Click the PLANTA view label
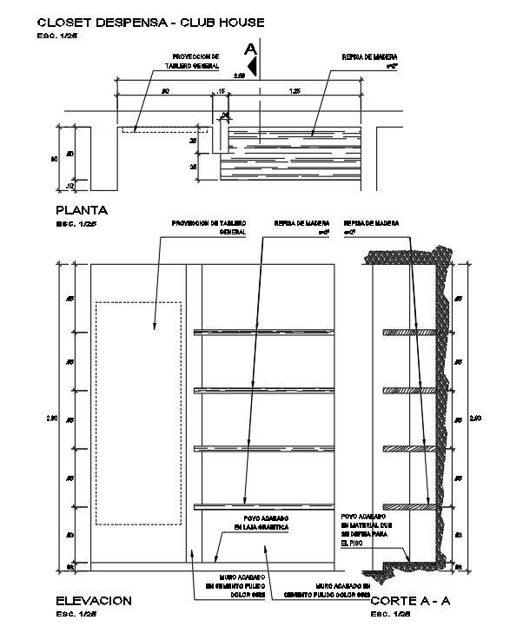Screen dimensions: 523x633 pos(82,209)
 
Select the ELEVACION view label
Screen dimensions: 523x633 pos(93,600)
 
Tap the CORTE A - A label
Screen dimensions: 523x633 pos(410,600)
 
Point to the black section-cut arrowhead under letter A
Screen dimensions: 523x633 pos(252,63)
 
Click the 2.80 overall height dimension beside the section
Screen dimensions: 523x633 pos(474,419)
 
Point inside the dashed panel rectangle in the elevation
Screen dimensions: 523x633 pos(139,412)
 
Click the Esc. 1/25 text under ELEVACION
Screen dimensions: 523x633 pos(76,614)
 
